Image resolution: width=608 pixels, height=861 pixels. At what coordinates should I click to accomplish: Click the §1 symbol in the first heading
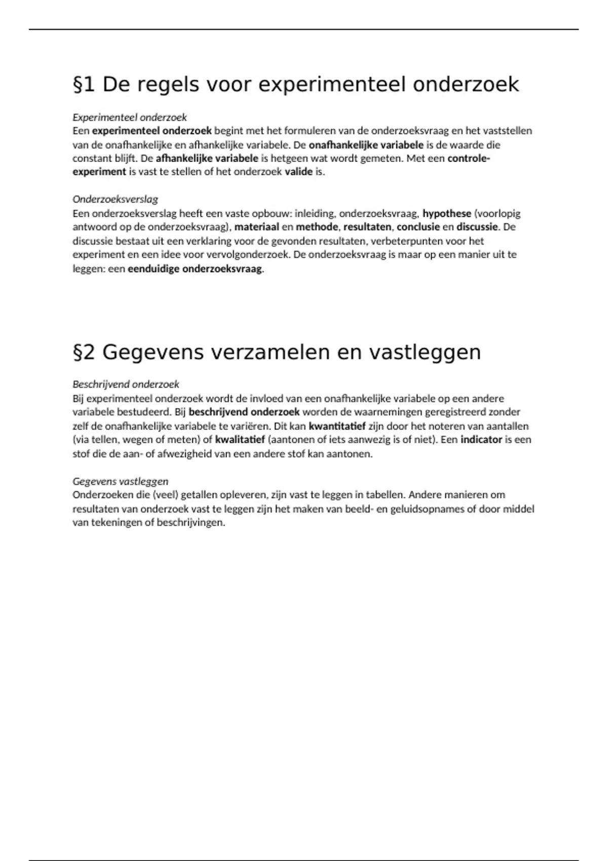pos(84,85)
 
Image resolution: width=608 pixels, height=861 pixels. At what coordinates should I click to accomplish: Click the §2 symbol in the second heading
pos(84,352)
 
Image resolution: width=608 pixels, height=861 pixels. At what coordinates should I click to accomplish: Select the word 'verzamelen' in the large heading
pos(270,352)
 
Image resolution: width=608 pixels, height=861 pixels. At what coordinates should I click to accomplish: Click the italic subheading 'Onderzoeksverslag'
pos(116,199)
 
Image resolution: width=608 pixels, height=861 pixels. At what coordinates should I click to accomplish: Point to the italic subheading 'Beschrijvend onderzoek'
pos(126,384)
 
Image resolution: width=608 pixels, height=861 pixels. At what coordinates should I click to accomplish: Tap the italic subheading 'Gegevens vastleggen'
pos(121,481)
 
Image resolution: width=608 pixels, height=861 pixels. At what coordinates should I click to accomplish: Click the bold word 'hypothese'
pos(447,213)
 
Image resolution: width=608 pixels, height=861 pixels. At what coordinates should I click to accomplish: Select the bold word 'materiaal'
pos(256,227)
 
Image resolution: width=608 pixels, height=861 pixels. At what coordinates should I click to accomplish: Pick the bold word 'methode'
pos(317,227)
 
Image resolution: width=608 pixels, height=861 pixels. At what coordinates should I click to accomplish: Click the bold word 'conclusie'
pos(418,227)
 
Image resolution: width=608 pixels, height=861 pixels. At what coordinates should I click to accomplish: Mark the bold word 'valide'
pos(298,172)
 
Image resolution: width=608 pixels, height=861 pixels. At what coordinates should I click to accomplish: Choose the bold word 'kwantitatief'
pos(337,426)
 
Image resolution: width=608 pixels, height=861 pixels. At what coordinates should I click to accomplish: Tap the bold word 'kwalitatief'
pos(240,440)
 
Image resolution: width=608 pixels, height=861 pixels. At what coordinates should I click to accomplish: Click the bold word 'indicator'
pos(481,440)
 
